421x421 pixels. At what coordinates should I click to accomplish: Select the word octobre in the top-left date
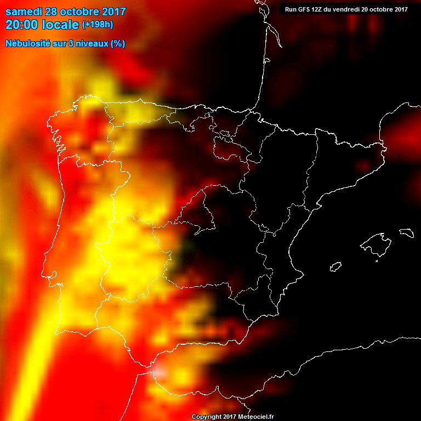79,12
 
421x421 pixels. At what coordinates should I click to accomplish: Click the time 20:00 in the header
21,24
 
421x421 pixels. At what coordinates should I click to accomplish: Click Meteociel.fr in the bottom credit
256,417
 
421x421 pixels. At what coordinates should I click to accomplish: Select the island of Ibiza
335,267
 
